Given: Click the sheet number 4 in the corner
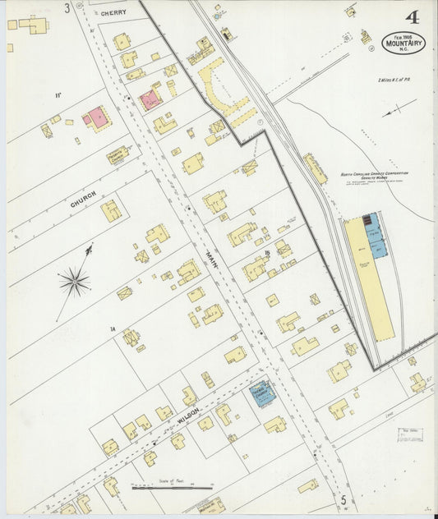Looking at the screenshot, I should point(410,17).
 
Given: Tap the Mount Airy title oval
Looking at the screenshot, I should point(403,43).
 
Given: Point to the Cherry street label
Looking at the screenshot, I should point(114,13).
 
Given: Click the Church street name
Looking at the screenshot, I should point(83,200).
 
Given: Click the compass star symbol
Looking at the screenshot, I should point(74,283).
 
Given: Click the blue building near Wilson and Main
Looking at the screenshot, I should point(262,393).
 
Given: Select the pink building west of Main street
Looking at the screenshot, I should point(96,118).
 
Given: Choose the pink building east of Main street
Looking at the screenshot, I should point(150,100).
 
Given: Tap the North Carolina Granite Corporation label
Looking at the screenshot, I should point(374,177).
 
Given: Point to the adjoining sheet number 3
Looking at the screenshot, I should point(67,7).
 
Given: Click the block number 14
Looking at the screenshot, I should point(112,328).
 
